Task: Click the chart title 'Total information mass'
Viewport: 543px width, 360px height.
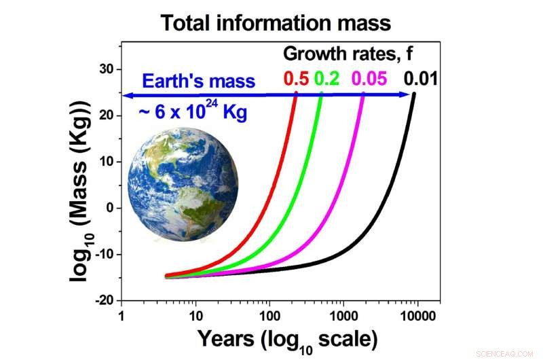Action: [276, 22]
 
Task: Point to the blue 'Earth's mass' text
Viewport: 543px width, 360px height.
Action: [198, 82]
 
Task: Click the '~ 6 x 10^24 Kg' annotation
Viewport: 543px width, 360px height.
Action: [192, 111]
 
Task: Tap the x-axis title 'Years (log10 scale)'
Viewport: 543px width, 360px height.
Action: [287, 338]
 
